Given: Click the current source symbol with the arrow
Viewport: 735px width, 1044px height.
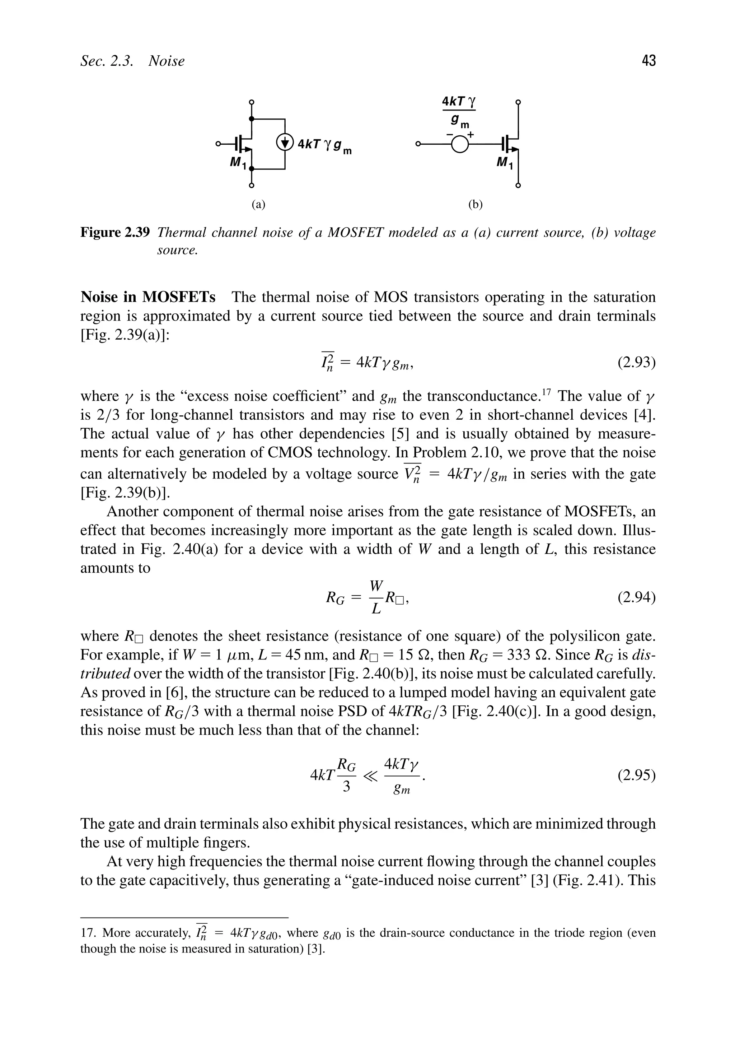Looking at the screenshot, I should point(285,143).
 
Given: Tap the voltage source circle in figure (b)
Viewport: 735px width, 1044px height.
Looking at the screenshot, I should point(459,145).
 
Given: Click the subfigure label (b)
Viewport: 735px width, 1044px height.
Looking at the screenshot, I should point(475,205).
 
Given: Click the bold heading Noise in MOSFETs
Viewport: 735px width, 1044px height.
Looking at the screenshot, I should point(148,297).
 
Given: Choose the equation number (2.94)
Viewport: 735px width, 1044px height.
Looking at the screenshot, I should point(636,597).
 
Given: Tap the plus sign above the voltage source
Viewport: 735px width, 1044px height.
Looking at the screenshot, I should point(471,135).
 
